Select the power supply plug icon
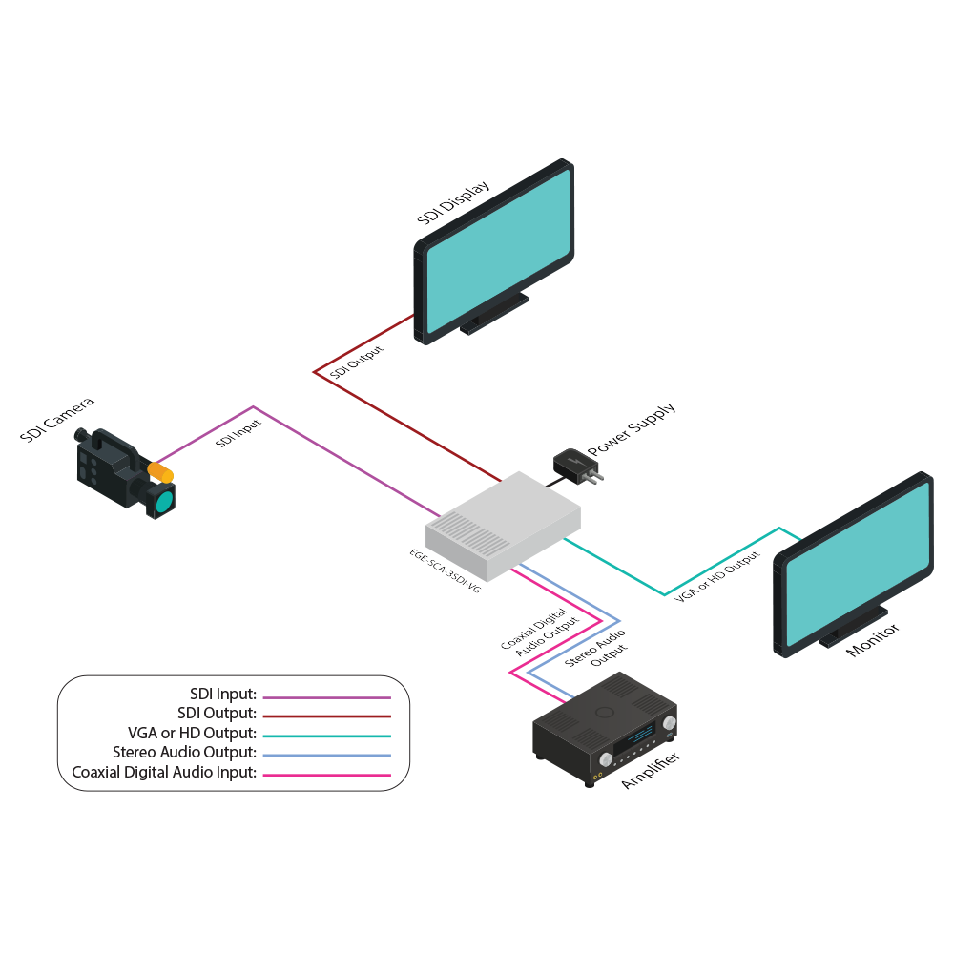click(x=577, y=466)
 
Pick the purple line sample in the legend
click(x=326, y=698)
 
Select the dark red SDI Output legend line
click(x=326, y=715)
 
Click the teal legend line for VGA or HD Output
click(x=326, y=736)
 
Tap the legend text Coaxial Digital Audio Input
click(x=164, y=773)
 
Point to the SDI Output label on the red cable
click(x=357, y=364)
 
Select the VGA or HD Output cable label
click(x=717, y=576)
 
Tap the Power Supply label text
click(x=631, y=429)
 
